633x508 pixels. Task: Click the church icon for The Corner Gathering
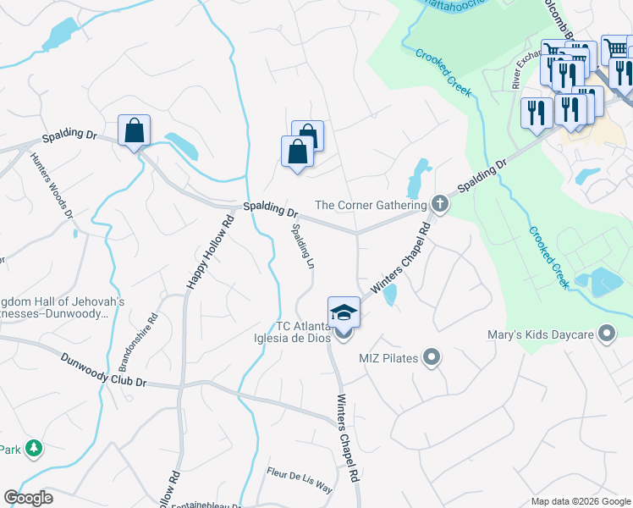click(439, 204)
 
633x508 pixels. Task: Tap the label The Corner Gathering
click(370, 205)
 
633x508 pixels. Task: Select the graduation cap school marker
click(344, 312)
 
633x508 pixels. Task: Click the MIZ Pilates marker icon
click(432, 358)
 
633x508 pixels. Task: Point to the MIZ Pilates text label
click(388, 358)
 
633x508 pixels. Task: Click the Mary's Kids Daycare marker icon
click(606, 334)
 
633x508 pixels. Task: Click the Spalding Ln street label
click(303, 246)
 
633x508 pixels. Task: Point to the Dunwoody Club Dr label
click(103, 371)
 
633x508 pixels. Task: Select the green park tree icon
click(33, 448)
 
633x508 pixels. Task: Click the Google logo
click(28, 498)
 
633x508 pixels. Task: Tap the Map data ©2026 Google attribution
click(580, 501)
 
